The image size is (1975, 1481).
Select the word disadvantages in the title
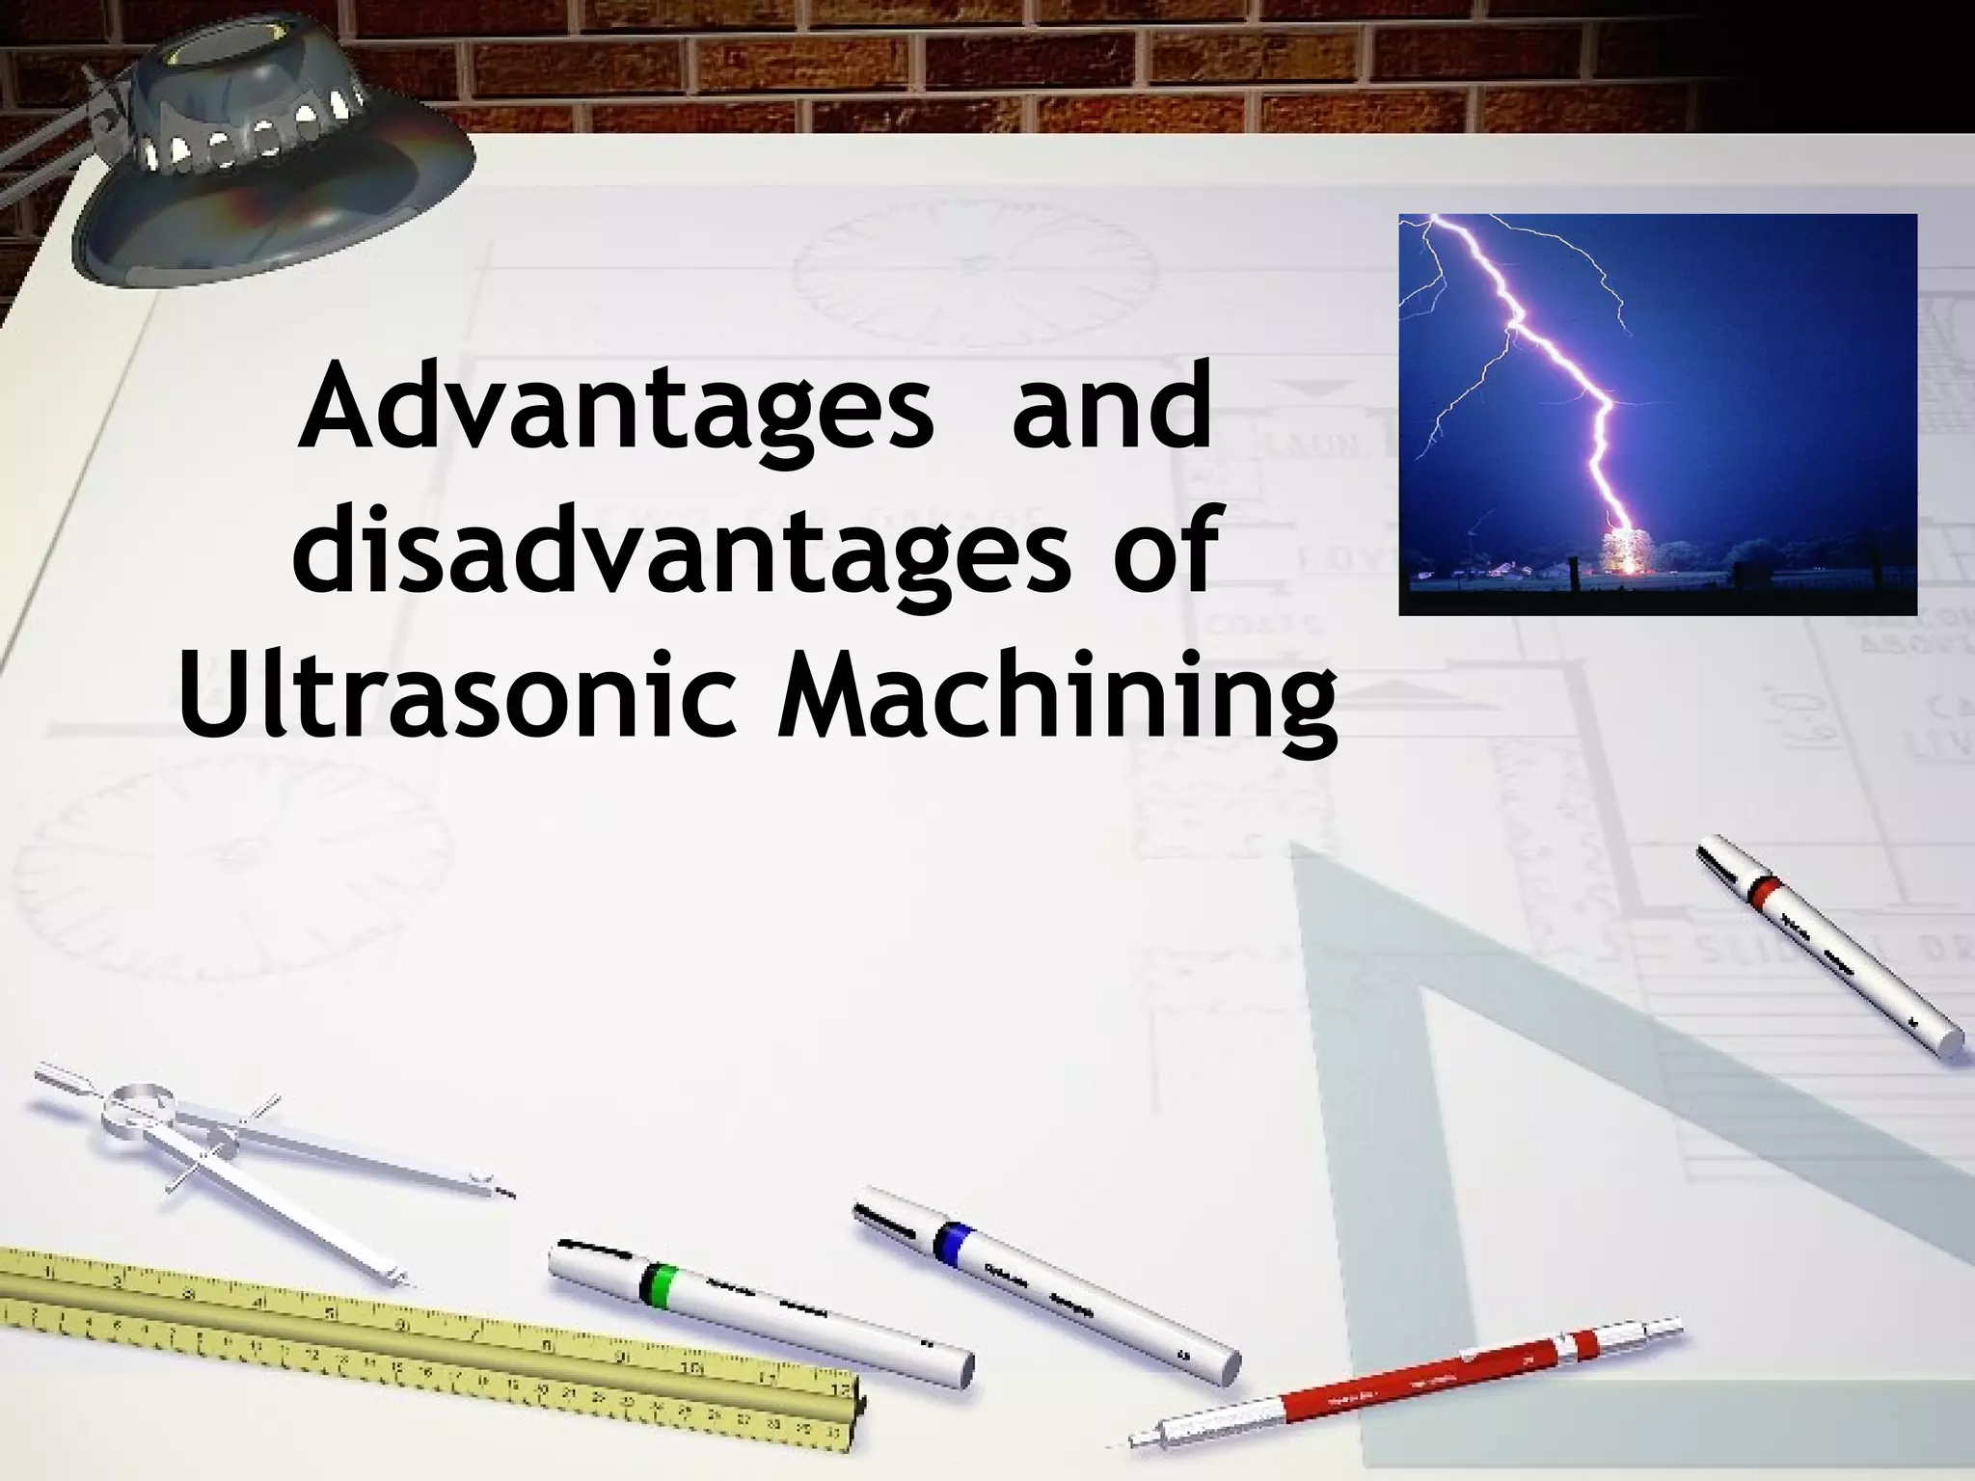681,552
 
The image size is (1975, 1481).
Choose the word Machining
1056,704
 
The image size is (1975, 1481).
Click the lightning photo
1657,414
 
